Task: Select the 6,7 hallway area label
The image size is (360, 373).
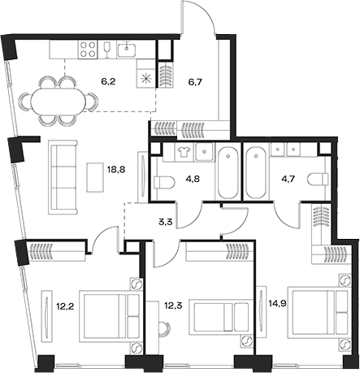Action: pos(195,82)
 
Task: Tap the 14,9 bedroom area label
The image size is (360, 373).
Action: pos(267,306)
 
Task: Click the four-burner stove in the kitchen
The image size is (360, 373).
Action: pos(88,49)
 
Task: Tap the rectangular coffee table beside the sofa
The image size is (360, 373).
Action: pos(91,173)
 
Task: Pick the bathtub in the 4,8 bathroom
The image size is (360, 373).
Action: pos(228,171)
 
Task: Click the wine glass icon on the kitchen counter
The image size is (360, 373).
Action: pos(108,49)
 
